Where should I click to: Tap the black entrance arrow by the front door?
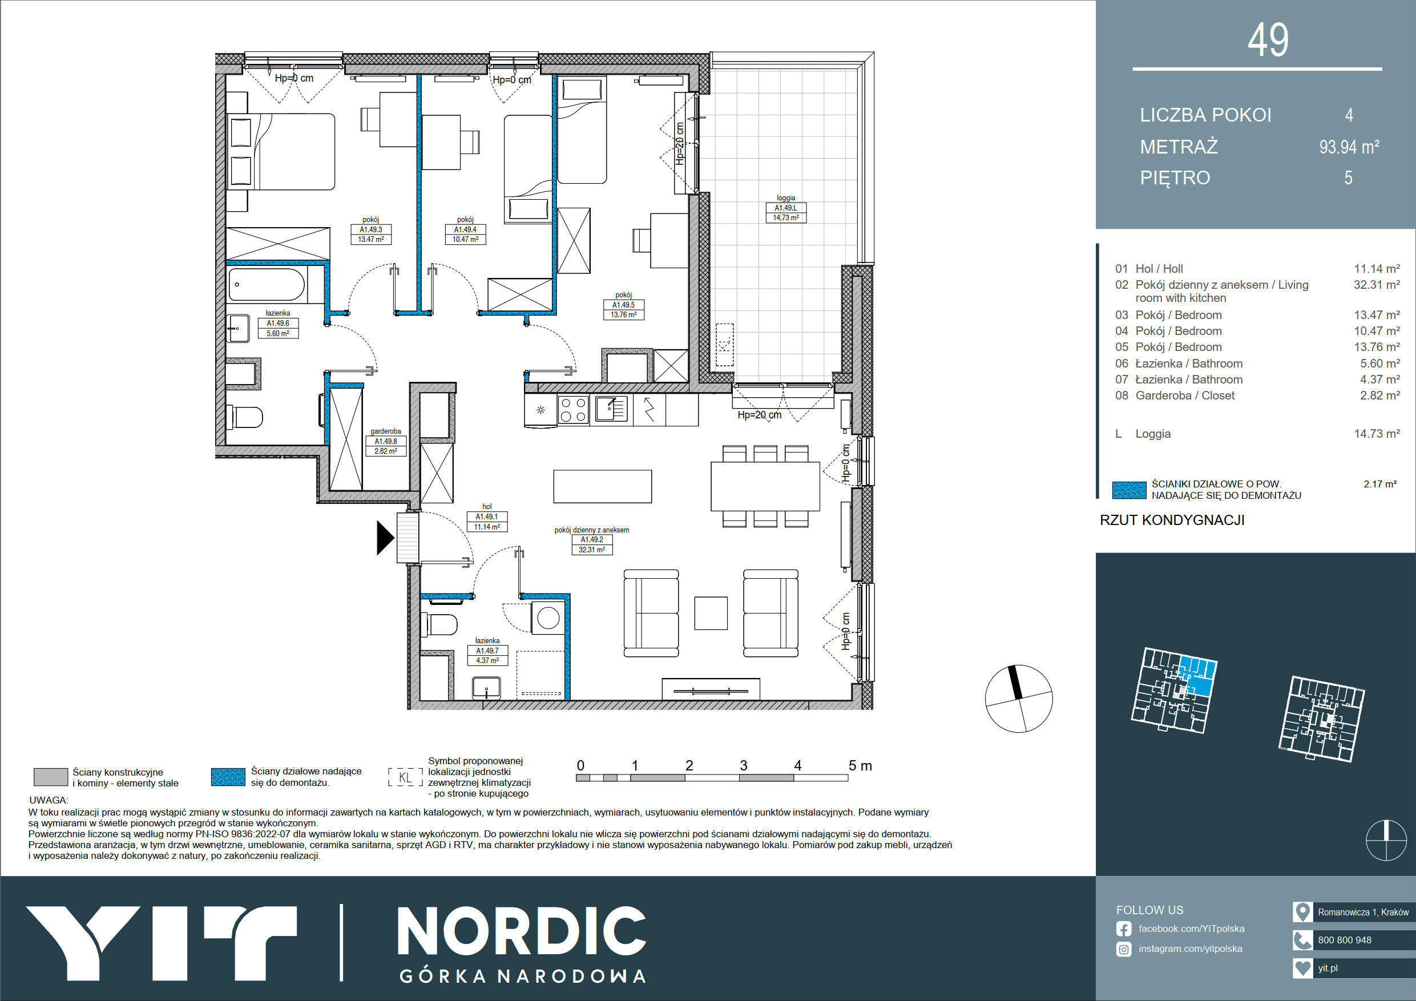385,538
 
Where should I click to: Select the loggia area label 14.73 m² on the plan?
786,217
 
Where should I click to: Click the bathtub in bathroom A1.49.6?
267,285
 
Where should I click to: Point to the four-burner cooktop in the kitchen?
573,410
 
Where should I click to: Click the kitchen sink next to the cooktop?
611,409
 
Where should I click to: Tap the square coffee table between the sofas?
711,613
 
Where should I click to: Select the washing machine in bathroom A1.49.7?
548,617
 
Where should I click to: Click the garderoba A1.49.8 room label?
385,442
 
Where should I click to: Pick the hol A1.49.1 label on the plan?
487,517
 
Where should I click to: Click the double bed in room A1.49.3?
281,151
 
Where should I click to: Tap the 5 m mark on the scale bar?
860,765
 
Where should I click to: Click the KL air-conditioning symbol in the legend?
405,777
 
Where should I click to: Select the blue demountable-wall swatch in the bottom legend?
228,777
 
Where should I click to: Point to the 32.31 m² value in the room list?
1377,285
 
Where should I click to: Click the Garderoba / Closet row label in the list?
1185,395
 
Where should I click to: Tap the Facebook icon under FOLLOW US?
1124,929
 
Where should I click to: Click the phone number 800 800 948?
1345,940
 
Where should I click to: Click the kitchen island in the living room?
603,486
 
